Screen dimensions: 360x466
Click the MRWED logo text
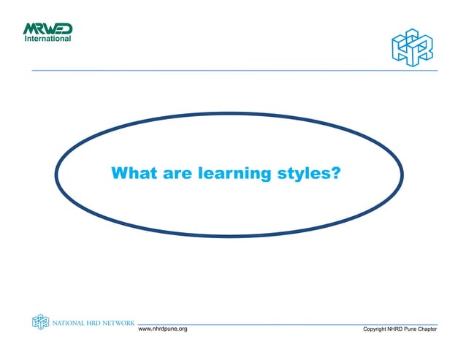[47, 29]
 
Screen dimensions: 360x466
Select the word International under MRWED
[48, 39]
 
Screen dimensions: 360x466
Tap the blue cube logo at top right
[411, 47]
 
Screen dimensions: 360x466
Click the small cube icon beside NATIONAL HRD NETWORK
[39, 321]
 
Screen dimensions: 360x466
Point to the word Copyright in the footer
[379, 331]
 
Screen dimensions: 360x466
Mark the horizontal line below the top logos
[234, 70]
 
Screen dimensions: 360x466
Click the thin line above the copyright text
[292, 324]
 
